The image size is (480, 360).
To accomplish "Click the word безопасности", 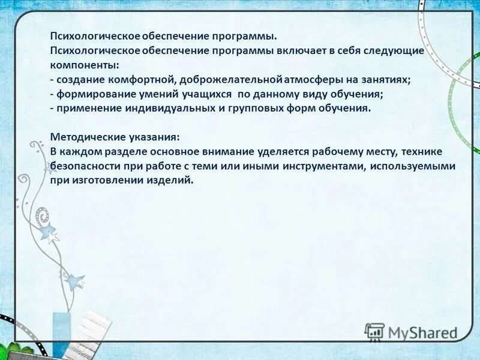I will point(84,166).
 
